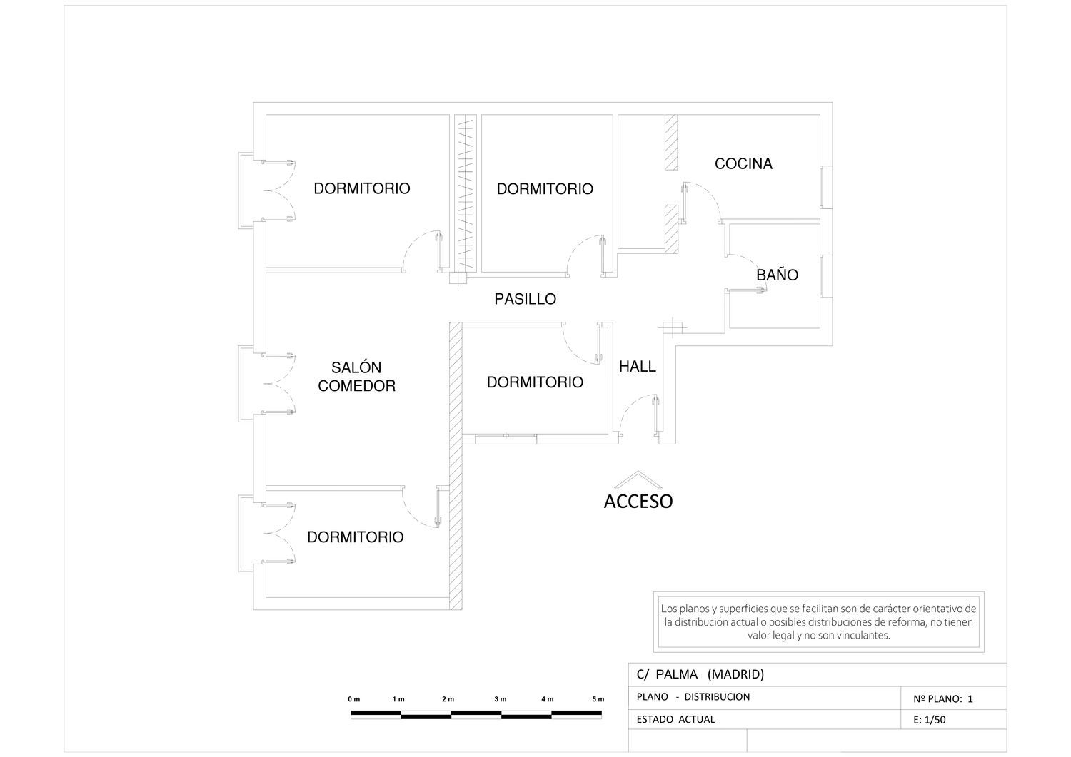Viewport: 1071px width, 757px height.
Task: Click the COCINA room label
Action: click(743, 164)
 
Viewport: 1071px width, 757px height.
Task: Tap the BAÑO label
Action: click(777, 275)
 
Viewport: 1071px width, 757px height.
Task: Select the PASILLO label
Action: click(525, 299)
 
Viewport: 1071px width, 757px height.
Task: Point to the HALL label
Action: click(638, 367)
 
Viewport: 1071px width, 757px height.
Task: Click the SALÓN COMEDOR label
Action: click(357, 377)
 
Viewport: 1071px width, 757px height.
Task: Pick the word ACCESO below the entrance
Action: click(638, 502)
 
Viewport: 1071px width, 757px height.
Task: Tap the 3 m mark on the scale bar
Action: click(500, 699)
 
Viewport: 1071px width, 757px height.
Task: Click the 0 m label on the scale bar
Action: click(354, 699)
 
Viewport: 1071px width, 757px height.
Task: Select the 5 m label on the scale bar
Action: click(598, 699)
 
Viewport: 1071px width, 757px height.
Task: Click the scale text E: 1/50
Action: click(930, 720)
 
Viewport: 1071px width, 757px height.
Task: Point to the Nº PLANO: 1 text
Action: click(943, 698)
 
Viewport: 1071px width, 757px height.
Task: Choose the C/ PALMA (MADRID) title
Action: click(700, 674)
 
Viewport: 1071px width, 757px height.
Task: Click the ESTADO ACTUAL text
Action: click(675, 719)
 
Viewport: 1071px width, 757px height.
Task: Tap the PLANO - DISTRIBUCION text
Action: click(693, 697)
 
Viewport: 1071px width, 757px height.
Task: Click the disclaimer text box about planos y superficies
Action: click(818, 621)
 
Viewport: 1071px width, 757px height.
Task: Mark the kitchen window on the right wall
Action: click(827, 187)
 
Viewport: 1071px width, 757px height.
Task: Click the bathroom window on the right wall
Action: click(827, 276)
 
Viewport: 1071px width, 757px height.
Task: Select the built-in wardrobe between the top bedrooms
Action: click(466, 193)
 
